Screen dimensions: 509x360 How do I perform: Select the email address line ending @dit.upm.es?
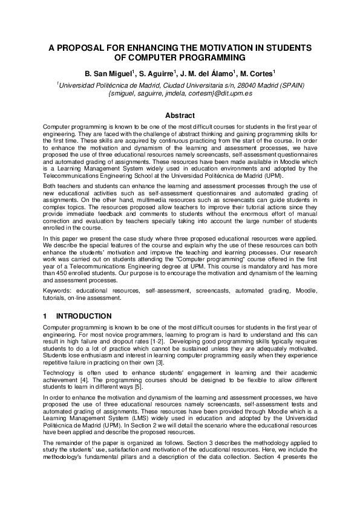coord(180,94)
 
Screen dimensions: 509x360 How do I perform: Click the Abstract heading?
coord(180,115)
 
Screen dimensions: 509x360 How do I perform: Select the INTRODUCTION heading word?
coord(83,316)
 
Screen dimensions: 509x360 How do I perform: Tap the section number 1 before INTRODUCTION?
coord(45,316)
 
